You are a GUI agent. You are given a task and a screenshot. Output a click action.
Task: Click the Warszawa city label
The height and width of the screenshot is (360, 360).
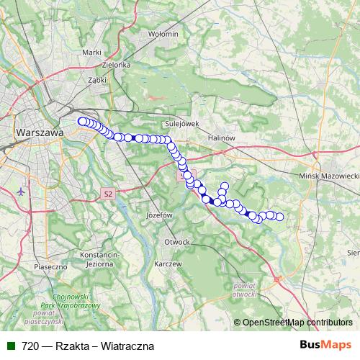click(x=40, y=133)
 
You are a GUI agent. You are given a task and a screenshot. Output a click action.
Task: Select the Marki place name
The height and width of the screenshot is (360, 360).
click(x=91, y=52)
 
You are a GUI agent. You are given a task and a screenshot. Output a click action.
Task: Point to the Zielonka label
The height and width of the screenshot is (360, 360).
click(x=116, y=65)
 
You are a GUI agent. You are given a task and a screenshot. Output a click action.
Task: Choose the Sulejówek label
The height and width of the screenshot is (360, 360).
click(x=181, y=123)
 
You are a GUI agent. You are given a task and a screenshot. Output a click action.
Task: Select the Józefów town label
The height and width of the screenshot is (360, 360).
click(x=161, y=215)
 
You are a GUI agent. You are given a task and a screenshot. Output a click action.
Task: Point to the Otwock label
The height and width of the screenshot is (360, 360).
click(x=176, y=241)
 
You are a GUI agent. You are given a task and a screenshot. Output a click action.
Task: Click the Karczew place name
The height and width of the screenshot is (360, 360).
click(x=167, y=264)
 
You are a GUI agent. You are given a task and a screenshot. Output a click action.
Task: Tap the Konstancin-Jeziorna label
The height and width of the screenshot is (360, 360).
click(x=101, y=259)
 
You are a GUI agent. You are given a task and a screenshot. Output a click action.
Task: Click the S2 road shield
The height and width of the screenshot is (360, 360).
click(x=108, y=194)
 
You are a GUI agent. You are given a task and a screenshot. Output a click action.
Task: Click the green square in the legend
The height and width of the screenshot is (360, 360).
click(x=10, y=346)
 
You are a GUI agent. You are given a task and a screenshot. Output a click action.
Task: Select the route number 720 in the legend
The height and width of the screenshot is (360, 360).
click(x=30, y=346)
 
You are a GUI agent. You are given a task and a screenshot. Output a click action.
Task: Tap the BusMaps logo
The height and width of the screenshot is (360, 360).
click(x=325, y=345)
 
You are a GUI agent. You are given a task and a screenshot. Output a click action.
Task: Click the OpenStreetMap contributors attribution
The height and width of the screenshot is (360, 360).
click(x=297, y=323)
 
